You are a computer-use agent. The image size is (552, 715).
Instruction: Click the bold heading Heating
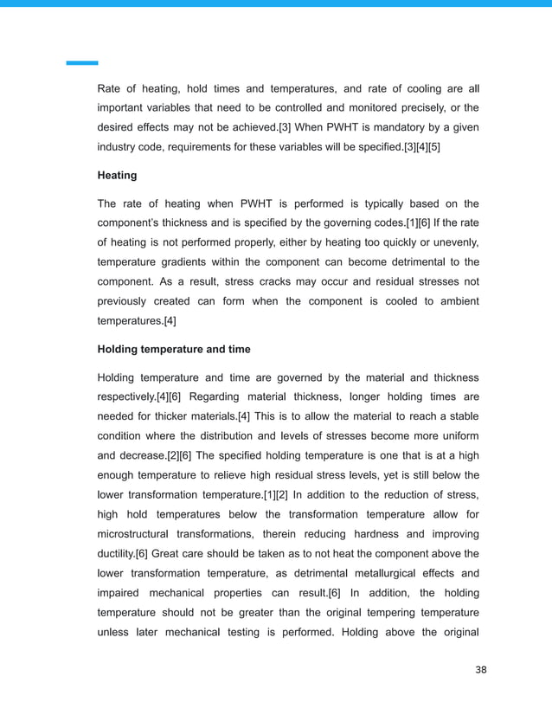(117, 176)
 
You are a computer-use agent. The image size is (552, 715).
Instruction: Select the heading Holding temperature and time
(174, 349)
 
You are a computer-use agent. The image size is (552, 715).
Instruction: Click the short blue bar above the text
(82, 63)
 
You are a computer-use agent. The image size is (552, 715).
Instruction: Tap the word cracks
(283, 281)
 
